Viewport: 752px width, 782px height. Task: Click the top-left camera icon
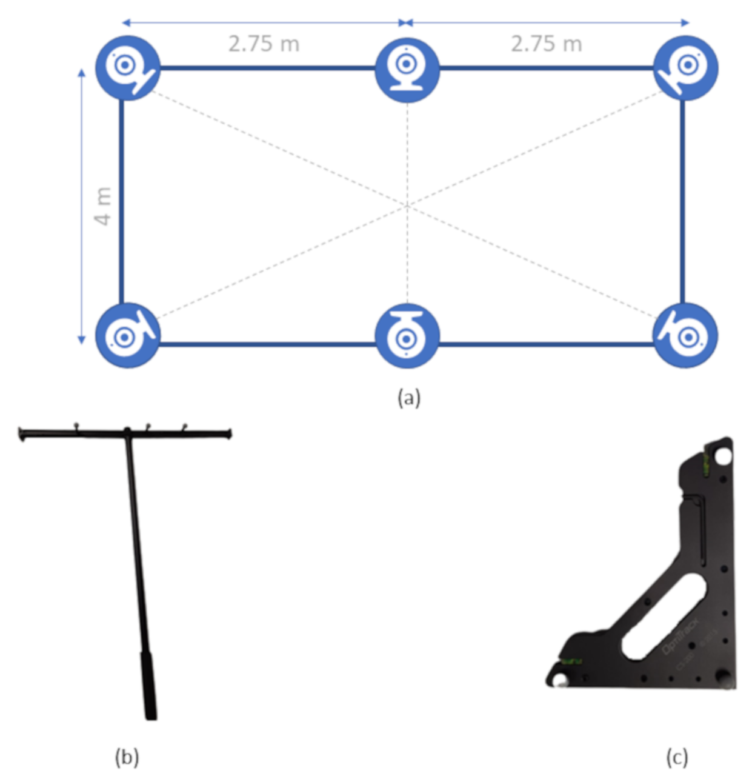tap(128, 67)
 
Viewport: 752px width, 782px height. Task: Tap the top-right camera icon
tap(687, 67)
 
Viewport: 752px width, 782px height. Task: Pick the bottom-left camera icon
tap(128, 335)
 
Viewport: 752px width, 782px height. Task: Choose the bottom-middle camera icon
tap(407, 335)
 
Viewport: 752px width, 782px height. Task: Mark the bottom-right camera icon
tap(685, 335)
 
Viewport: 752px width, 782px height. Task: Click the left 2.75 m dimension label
tap(264, 44)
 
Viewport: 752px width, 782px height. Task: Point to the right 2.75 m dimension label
tap(546, 44)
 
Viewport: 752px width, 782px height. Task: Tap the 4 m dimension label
tap(104, 206)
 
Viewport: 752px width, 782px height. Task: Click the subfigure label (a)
tap(408, 398)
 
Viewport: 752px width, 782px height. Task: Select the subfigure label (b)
tap(127, 757)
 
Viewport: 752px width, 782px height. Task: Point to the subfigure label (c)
tap(677, 757)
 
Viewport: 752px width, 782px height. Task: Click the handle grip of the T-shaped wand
tap(149, 685)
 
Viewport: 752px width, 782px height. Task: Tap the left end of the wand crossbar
tap(22, 433)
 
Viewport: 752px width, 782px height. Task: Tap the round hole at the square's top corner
tap(723, 455)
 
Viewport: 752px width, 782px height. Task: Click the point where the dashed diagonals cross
tap(407, 206)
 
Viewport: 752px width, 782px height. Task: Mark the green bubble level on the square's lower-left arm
tap(571, 661)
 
